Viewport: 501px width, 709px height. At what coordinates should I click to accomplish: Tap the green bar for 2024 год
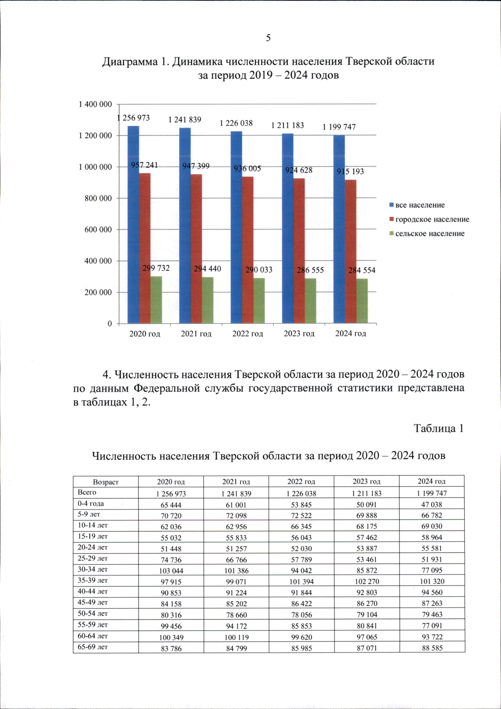tap(362, 301)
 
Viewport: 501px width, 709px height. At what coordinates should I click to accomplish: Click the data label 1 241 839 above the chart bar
tap(185, 120)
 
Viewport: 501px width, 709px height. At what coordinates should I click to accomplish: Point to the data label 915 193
tap(350, 171)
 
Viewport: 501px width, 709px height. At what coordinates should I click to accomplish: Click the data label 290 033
tap(259, 270)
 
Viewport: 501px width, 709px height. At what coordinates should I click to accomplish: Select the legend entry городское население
tap(432, 219)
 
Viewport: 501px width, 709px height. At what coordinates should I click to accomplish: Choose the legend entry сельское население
tap(430, 234)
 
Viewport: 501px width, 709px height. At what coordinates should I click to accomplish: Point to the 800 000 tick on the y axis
tap(98, 198)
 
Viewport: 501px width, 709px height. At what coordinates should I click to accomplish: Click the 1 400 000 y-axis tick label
tap(95, 104)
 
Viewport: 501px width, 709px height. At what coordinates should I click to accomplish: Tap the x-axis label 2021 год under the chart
tap(196, 334)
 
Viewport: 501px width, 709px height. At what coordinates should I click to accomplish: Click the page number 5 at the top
tap(268, 38)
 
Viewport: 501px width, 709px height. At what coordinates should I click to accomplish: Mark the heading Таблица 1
tap(438, 428)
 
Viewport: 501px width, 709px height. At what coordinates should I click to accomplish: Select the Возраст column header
tap(106, 482)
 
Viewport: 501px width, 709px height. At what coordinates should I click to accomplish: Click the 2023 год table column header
tap(367, 481)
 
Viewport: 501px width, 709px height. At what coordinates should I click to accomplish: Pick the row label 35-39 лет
tap(93, 580)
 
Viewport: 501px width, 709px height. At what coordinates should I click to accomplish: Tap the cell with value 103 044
tap(171, 571)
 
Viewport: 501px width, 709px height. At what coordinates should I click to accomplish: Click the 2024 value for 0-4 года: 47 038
tap(432, 504)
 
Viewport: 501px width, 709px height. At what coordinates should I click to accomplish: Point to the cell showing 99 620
tap(301, 637)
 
